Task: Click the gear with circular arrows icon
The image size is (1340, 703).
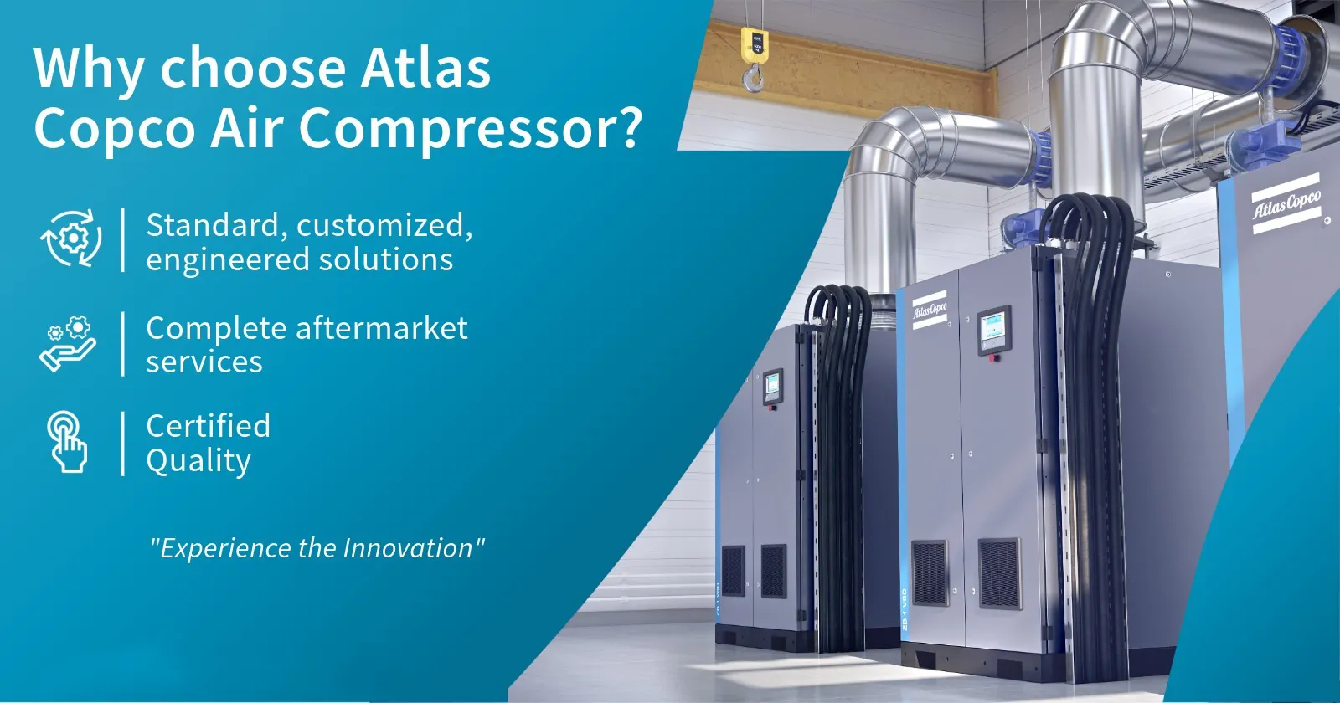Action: coord(72,239)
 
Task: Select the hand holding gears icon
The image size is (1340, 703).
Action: coord(68,343)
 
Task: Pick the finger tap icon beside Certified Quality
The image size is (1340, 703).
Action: coord(68,441)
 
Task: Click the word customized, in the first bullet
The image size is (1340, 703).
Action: coord(384,226)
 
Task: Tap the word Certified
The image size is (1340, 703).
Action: coord(208,426)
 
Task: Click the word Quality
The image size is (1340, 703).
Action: coord(198,461)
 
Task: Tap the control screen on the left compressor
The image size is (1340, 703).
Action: coord(772,386)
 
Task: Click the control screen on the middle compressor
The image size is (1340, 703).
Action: coord(994,330)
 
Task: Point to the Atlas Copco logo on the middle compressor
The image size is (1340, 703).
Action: coord(930,310)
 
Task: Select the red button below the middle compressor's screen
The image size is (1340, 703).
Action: coord(995,358)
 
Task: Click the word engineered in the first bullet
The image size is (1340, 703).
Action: coord(216,260)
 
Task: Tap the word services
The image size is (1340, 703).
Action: coord(204,362)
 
